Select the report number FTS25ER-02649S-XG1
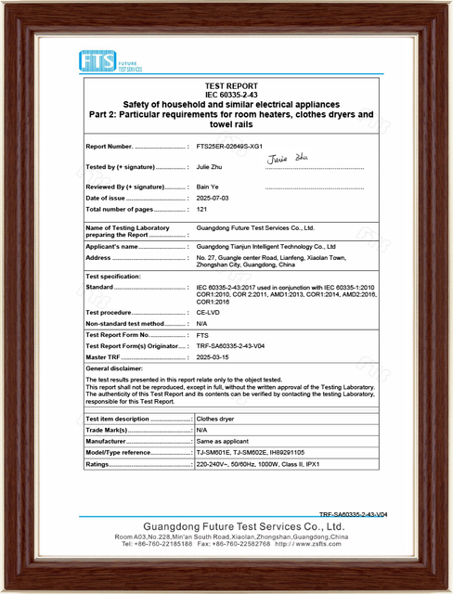[230, 147]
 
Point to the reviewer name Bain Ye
[208, 187]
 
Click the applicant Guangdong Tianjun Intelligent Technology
[270, 247]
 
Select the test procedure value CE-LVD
[210, 313]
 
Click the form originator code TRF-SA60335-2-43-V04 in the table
[233, 345]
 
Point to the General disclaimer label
[116, 368]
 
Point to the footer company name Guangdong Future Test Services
[226, 526]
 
